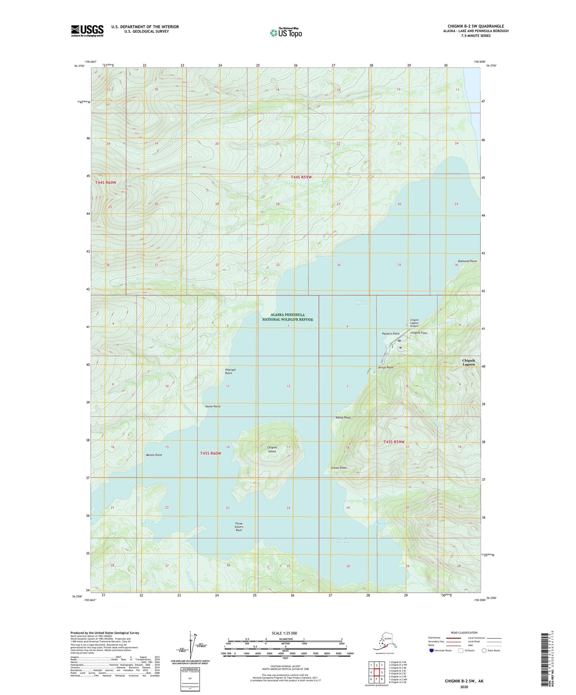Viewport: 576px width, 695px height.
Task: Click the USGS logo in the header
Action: click(87, 31)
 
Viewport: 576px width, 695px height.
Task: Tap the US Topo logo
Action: click(286, 33)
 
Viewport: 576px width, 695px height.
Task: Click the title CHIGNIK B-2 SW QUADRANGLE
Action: click(476, 26)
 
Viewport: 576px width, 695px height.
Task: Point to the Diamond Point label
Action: click(467, 261)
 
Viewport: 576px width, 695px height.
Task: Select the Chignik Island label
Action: click(272, 449)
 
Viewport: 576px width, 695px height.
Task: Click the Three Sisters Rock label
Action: click(239, 527)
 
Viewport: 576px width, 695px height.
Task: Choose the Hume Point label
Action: click(212, 406)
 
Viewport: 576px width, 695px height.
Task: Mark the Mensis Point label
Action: click(154, 455)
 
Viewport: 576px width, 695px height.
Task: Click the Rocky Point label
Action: click(343, 418)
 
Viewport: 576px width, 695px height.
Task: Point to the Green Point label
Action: click(339, 468)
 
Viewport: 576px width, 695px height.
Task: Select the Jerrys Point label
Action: click(385, 367)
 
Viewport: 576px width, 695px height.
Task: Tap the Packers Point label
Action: click(391, 334)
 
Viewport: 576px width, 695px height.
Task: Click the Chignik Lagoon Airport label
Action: click(414, 323)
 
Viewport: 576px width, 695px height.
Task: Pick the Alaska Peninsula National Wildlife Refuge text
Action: click(287, 317)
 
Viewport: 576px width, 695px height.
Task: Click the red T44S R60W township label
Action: click(106, 182)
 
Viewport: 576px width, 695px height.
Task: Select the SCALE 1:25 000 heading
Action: click(284, 633)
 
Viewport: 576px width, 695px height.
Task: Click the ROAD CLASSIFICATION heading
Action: click(464, 633)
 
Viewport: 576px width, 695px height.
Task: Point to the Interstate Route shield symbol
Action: click(432, 650)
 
